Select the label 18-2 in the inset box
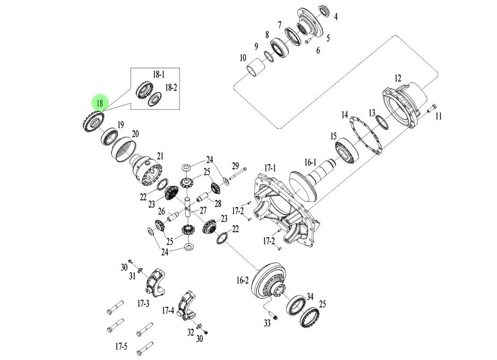pos(171,87)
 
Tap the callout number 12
pos(398,78)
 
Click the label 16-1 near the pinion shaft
pos(310,162)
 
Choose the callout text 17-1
pos(270,168)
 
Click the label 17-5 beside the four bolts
pos(122,347)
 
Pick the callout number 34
pos(310,296)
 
